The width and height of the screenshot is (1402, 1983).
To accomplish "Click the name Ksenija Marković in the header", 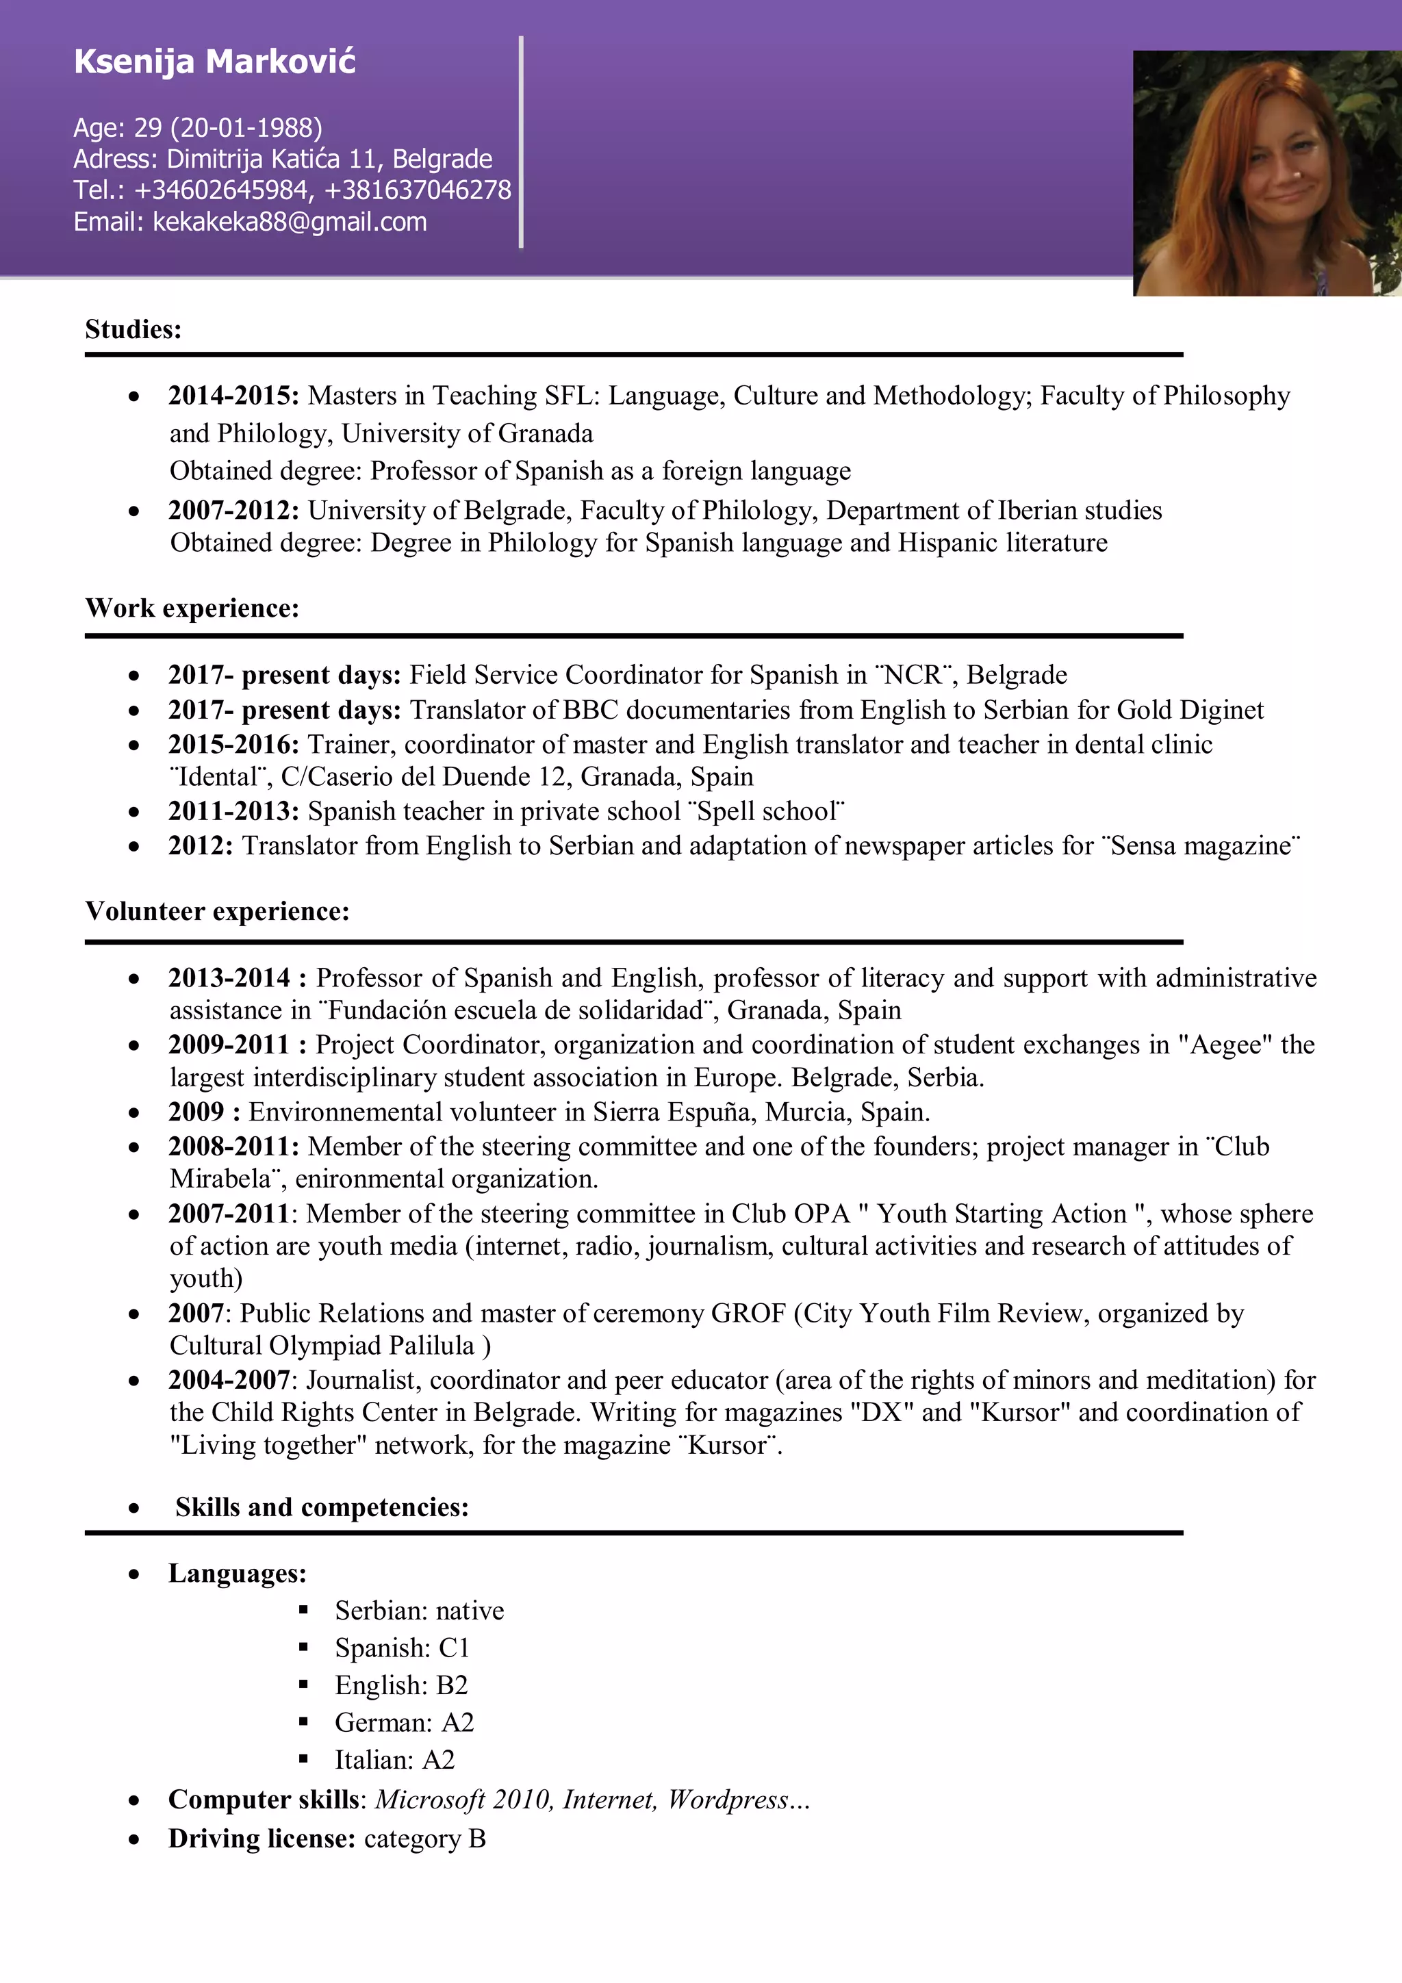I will (x=214, y=62).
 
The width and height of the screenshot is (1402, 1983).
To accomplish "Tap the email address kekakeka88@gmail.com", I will (x=290, y=222).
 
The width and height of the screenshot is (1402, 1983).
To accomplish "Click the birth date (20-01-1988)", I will (x=246, y=128).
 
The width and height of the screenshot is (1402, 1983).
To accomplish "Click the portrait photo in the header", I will (x=1266, y=172).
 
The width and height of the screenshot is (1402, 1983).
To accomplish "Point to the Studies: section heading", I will (x=133, y=329).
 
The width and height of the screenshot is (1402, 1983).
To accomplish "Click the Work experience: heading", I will (x=192, y=608).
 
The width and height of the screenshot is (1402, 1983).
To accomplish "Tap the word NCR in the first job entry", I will (x=913, y=674).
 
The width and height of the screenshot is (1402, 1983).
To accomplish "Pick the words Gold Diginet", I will (x=1190, y=710).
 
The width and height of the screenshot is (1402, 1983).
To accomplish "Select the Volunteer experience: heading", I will (x=217, y=911).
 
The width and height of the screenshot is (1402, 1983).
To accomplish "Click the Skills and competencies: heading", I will (x=321, y=1507).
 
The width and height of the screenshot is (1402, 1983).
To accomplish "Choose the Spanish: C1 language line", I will (x=402, y=1648).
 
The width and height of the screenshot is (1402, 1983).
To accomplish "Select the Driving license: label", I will (x=262, y=1839).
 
